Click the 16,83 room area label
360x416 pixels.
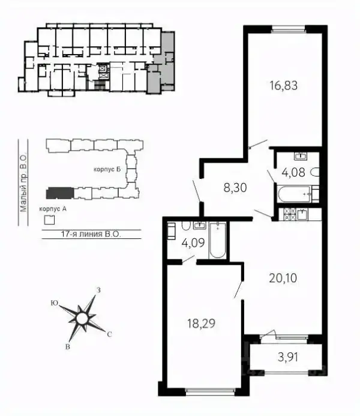coord(283,86)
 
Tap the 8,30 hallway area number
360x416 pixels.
coord(235,188)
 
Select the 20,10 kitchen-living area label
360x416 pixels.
coord(283,279)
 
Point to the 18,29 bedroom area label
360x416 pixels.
coord(201,324)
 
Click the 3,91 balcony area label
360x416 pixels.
coord(288,357)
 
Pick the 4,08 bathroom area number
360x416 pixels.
coord(293,172)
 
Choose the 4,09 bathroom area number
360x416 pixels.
coord(193,243)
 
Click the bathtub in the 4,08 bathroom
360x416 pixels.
coord(294,194)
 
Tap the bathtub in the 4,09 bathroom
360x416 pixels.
coord(218,241)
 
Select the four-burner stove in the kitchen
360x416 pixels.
coord(289,214)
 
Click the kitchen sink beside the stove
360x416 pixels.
coord(302,214)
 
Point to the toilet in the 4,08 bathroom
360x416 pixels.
coord(315,172)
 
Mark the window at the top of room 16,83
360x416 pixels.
coord(289,29)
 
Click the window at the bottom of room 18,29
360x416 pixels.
coord(210,390)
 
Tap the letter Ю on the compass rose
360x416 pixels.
coord(55,303)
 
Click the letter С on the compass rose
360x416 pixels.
coord(109,334)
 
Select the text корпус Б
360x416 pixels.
coord(107,169)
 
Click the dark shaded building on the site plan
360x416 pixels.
coord(59,193)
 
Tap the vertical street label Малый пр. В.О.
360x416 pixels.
coord(23,182)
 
